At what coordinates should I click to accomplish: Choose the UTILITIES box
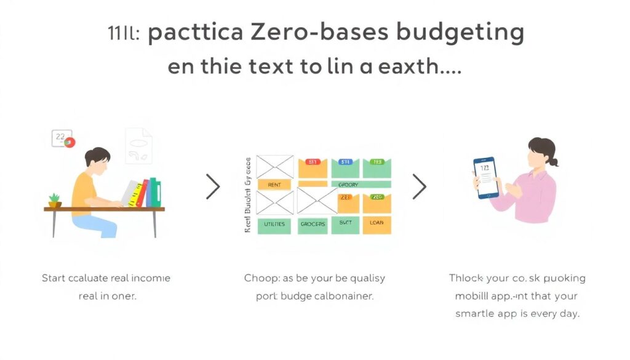(274, 224)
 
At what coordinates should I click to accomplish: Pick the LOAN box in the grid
(377, 223)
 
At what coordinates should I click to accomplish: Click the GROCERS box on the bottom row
(313, 224)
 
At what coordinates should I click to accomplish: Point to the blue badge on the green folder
(345, 162)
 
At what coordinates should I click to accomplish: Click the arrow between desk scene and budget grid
(213, 186)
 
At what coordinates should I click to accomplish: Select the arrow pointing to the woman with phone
(419, 186)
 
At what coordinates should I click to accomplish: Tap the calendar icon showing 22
(62, 138)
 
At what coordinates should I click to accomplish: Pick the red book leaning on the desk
(142, 194)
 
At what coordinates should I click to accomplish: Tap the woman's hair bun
(554, 162)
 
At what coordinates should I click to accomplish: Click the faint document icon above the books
(138, 145)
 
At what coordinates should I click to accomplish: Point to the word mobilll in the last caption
(475, 296)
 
